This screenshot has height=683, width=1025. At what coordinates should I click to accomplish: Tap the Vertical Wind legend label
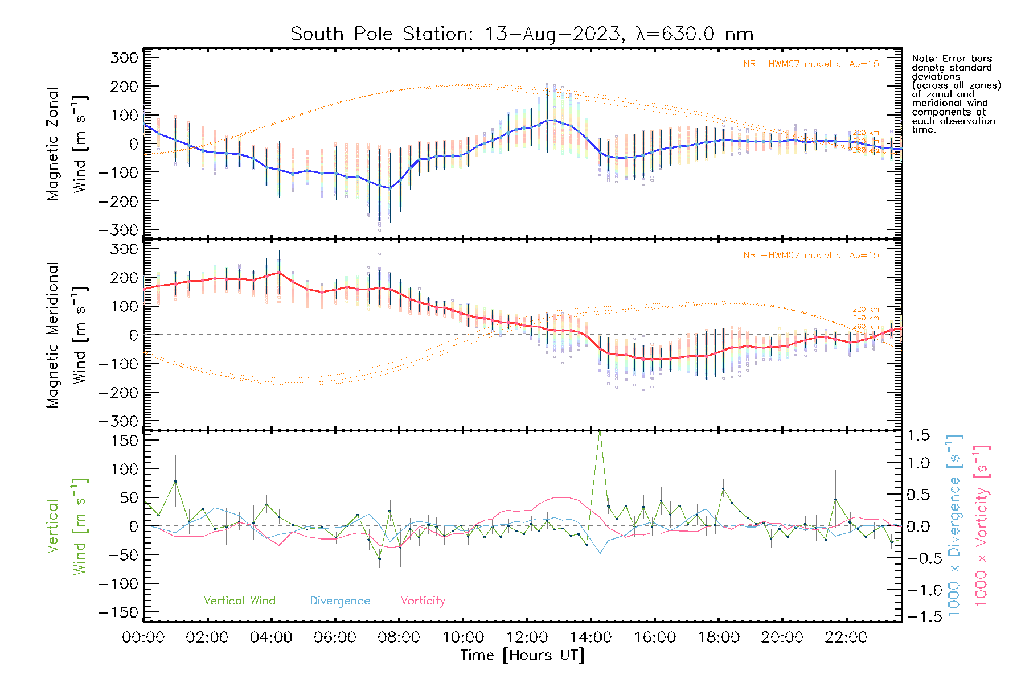[x=239, y=600]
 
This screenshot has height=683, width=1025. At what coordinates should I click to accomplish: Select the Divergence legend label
[x=340, y=600]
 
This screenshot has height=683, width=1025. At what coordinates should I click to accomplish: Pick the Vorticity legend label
[x=423, y=600]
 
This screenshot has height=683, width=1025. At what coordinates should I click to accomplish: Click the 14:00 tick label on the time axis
[x=591, y=637]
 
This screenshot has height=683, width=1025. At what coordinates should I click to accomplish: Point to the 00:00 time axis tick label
[x=143, y=637]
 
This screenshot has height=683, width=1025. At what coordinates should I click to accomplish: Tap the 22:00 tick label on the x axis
[x=846, y=637]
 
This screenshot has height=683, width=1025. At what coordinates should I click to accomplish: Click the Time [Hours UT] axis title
[x=522, y=655]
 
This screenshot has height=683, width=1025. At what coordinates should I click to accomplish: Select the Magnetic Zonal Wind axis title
[x=67, y=143]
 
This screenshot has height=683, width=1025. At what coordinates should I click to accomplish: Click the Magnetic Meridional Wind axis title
[x=67, y=335]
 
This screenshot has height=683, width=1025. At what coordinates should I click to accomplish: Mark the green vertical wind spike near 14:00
[x=599, y=434]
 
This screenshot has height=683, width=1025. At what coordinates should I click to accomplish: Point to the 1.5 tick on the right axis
[x=918, y=435]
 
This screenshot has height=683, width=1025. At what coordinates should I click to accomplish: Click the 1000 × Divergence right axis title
[x=954, y=525]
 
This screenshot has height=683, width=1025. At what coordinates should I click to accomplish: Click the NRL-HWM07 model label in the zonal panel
[x=811, y=64]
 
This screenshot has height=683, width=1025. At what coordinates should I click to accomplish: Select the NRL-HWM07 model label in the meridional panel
[x=811, y=256]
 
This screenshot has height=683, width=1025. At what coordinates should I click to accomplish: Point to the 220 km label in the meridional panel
[x=866, y=310]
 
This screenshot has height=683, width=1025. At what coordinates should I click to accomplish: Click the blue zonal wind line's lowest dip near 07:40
[x=389, y=188]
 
